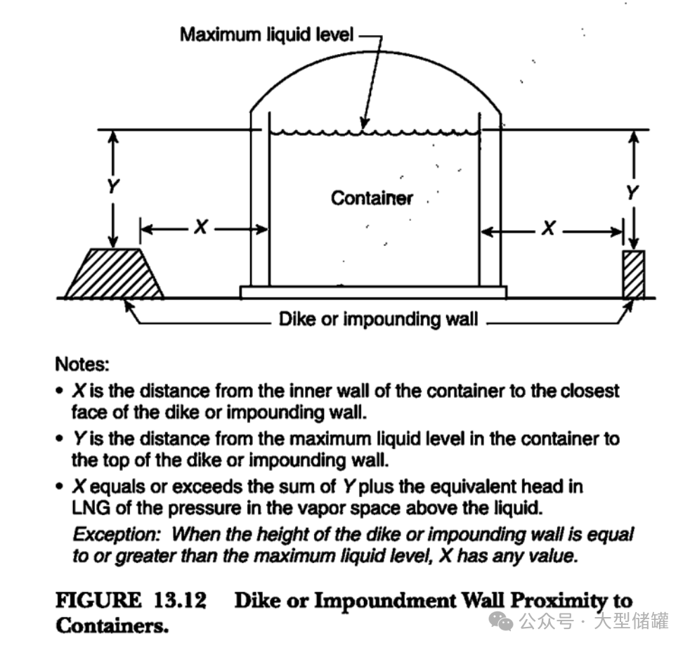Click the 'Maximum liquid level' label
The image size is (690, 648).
click(266, 34)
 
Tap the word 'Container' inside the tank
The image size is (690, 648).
click(372, 198)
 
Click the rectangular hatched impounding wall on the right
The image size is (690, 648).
click(634, 275)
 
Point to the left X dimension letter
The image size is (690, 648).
click(201, 227)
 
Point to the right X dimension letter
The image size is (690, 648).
click(548, 228)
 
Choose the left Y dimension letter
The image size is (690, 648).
click(113, 187)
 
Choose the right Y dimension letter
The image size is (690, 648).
click(632, 193)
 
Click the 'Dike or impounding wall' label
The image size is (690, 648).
click(378, 319)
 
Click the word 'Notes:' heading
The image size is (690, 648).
click(82, 365)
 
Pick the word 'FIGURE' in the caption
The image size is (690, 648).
click(98, 600)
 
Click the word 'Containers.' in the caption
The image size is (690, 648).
click(112, 625)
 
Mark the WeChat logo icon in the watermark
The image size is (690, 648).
click(501, 621)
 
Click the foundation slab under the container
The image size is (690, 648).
click(374, 292)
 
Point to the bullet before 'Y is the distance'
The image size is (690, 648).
click(60, 439)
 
